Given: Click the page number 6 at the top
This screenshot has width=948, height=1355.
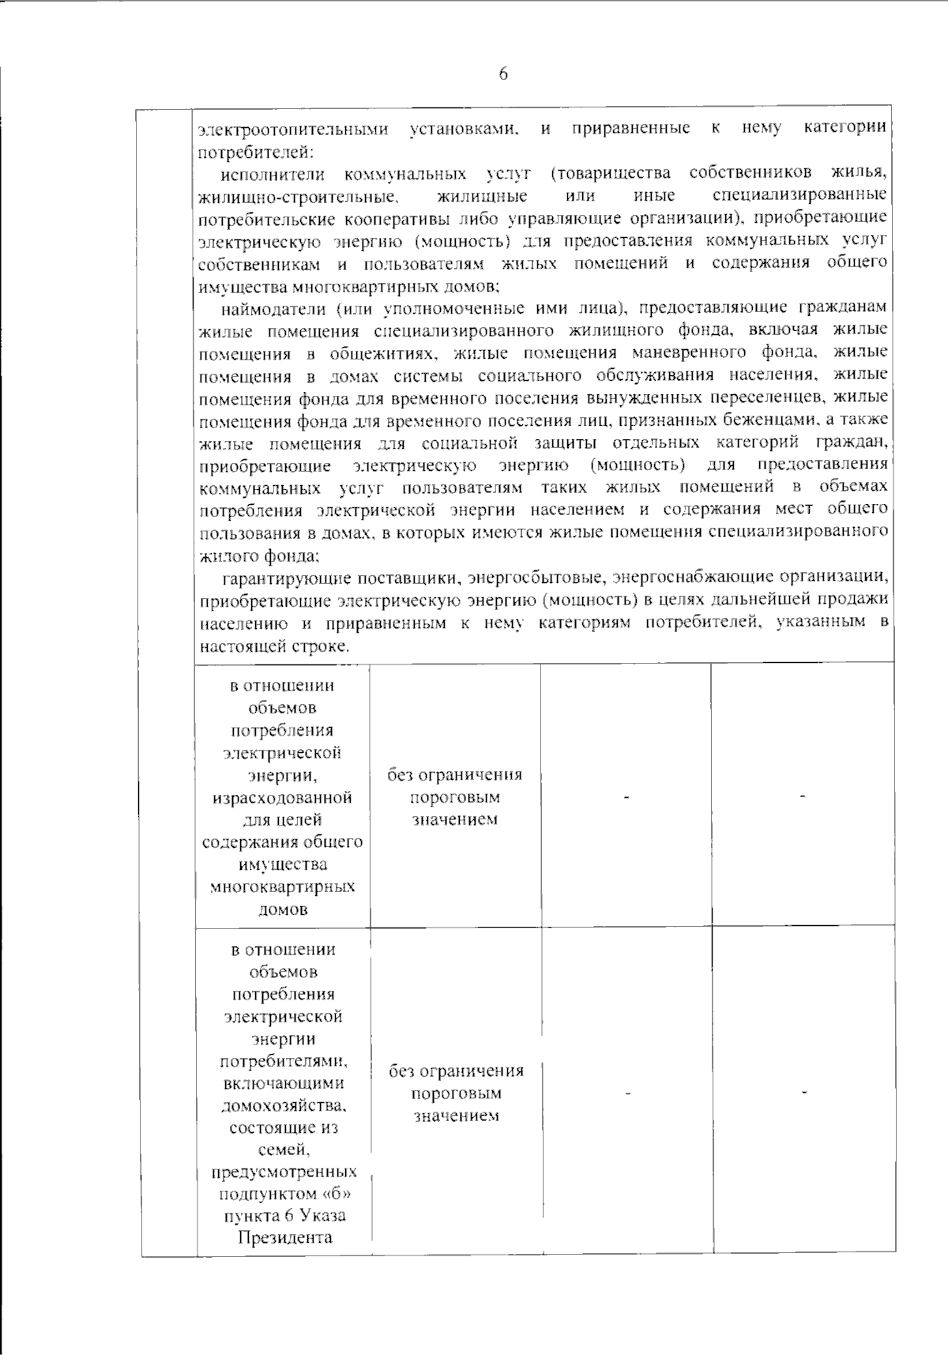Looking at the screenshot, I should (x=503, y=74).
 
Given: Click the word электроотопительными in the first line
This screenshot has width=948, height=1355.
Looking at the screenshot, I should (x=293, y=129).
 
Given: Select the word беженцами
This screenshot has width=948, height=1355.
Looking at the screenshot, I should (x=769, y=419).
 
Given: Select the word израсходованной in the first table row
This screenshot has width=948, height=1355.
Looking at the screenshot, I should (x=283, y=797).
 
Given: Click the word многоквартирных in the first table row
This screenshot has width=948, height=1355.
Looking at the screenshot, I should (x=283, y=886).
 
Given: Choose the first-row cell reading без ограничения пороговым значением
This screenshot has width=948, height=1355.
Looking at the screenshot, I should (x=455, y=796).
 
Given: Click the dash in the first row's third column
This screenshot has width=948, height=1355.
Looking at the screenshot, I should (x=626, y=797).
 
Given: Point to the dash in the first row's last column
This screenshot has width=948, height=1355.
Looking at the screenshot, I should (x=803, y=797).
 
